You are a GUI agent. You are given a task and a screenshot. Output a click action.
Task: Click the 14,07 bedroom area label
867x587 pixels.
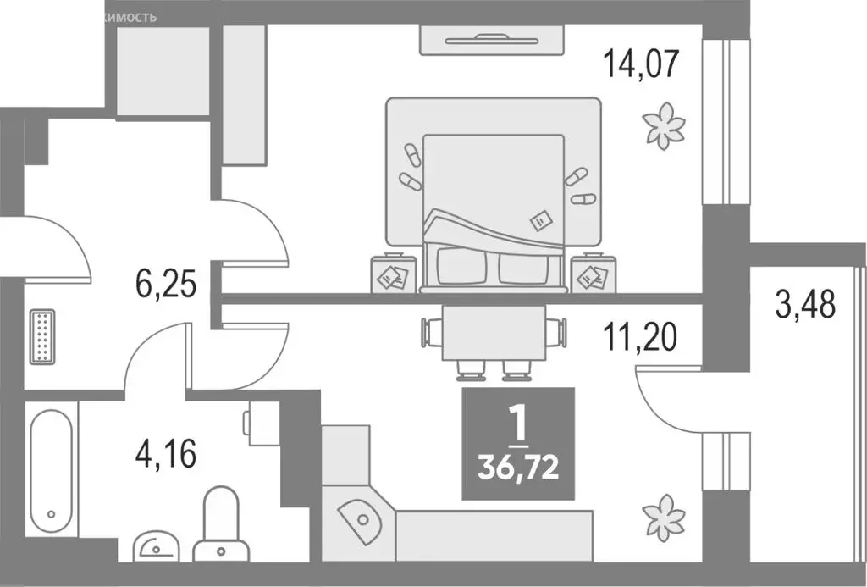641,64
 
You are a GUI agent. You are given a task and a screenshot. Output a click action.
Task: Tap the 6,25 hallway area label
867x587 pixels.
167,284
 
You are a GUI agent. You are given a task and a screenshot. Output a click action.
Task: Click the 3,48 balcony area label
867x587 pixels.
805,302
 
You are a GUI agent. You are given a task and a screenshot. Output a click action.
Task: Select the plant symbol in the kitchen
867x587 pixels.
664,517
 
